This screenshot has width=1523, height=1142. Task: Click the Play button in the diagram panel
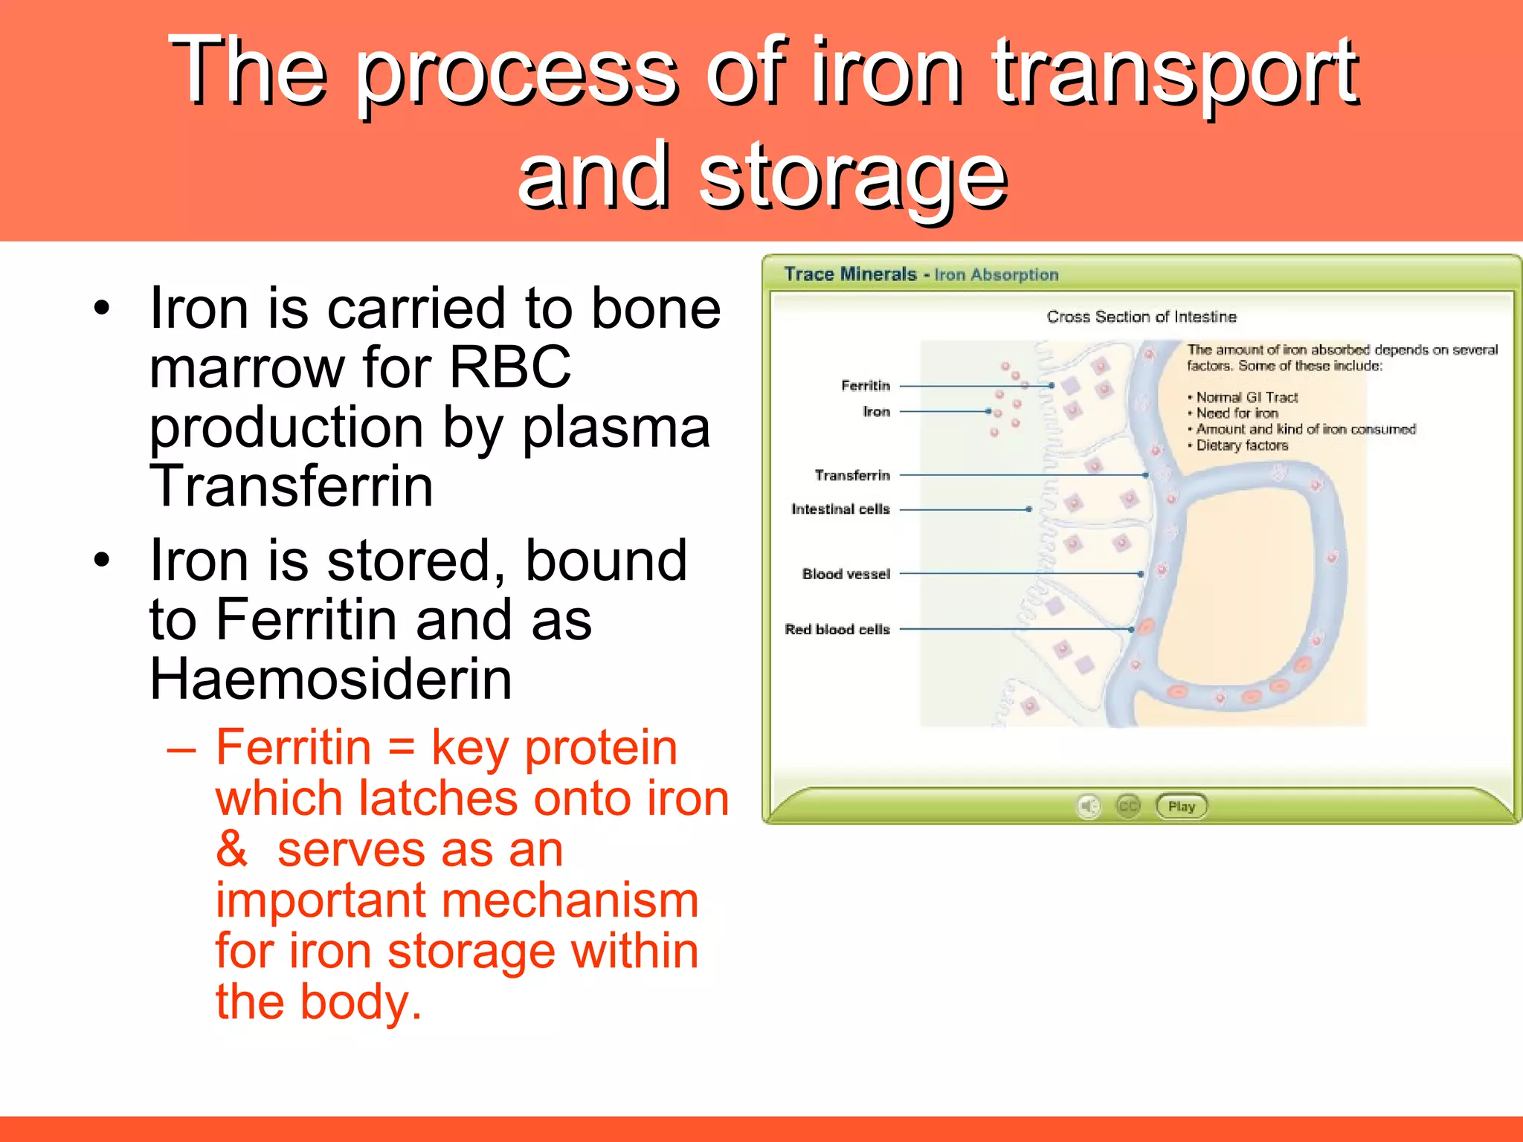1181,807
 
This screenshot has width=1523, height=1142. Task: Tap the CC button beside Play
1128,807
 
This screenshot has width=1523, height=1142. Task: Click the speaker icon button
1089,807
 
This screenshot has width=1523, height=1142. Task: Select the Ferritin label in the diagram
866,385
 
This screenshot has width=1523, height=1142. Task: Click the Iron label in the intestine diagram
876,411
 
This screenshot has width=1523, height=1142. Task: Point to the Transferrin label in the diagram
852,475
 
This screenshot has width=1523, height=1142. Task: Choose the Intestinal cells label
840,509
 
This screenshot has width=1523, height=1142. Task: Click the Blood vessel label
846,574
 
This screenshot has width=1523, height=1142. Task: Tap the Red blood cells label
837,629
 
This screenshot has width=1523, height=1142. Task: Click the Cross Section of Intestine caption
1142,317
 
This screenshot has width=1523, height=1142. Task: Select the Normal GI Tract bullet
1247,397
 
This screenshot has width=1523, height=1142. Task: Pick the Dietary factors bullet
1242,445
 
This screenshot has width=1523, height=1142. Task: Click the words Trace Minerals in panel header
850,274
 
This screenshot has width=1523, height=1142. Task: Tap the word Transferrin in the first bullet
291,485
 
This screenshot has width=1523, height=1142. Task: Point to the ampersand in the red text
231,848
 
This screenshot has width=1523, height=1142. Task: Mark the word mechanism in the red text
570,900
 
